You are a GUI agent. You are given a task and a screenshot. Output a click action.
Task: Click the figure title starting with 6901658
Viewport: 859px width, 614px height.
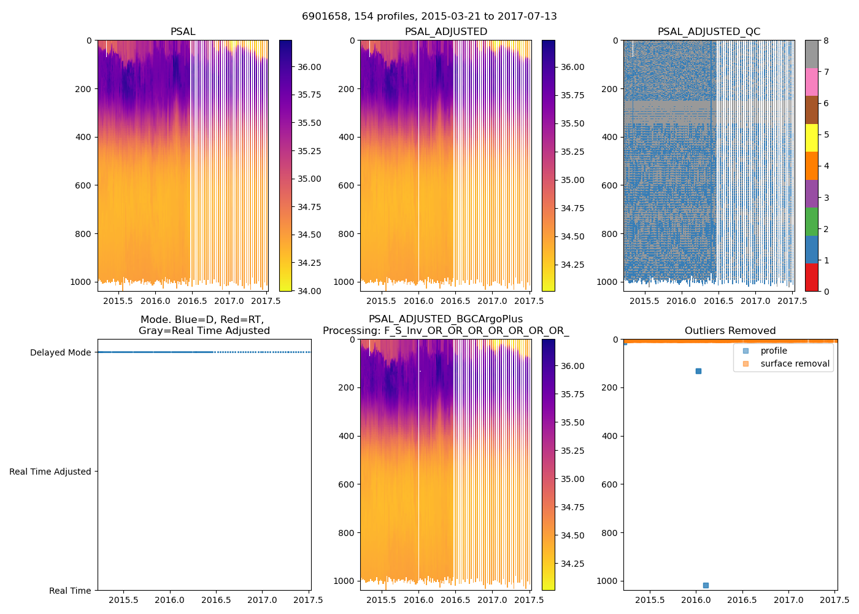coord(429,17)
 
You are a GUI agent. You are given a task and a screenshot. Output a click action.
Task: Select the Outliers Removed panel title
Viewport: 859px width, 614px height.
coord(730,331)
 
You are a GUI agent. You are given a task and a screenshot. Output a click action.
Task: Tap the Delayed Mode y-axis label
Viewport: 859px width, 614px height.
coord(60,352)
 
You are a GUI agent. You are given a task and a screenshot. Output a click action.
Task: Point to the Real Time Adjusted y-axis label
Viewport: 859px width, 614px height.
coord(50,472)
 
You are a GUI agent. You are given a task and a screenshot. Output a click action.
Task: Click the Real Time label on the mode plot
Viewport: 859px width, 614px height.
coord(70,591)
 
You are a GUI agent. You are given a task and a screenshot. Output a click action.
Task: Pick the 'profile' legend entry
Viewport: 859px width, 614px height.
coord(773,351)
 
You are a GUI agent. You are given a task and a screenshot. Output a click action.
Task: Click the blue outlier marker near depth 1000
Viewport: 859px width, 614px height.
coord(706,585)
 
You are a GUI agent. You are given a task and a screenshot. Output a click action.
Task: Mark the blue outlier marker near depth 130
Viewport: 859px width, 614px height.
coord(698,371)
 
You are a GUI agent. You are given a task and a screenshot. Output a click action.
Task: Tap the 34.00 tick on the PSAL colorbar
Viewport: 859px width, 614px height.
coord(309,291)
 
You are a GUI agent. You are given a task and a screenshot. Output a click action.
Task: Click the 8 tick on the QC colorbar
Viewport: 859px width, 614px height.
coord(826,41)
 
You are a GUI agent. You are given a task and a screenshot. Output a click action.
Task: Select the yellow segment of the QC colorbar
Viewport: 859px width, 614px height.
coord(811,138)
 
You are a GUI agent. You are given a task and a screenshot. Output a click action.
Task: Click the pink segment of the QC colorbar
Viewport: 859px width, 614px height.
coord(811,82)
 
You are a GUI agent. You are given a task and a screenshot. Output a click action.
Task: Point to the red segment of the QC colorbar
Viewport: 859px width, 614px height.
coord(811,277)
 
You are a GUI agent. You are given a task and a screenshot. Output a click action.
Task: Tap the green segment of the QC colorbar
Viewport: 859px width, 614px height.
coord(811,222)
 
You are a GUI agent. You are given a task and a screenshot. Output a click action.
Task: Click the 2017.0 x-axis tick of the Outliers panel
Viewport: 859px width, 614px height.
coord(788,600)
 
